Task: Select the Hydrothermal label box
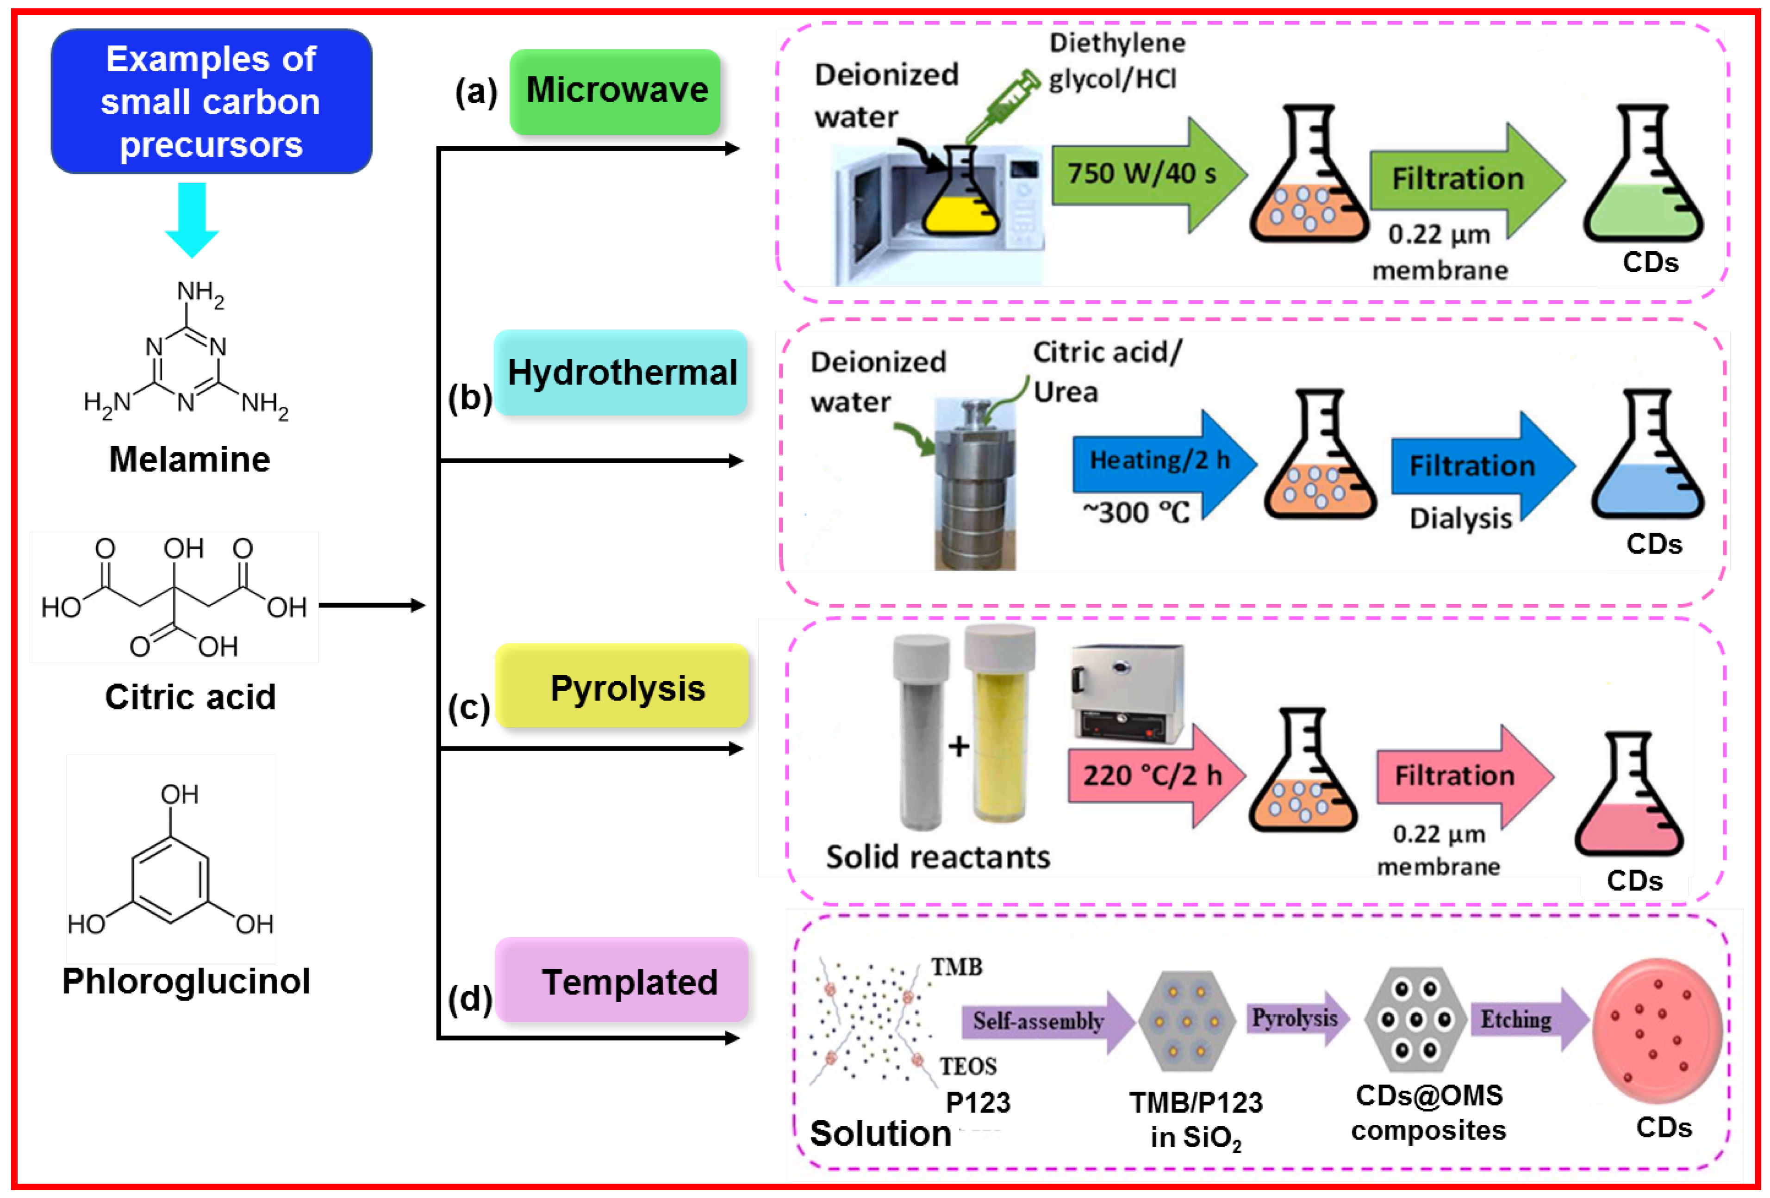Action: coord(621,372)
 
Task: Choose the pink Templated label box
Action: coord(622,980)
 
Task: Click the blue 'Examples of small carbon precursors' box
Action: coord(211,101)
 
